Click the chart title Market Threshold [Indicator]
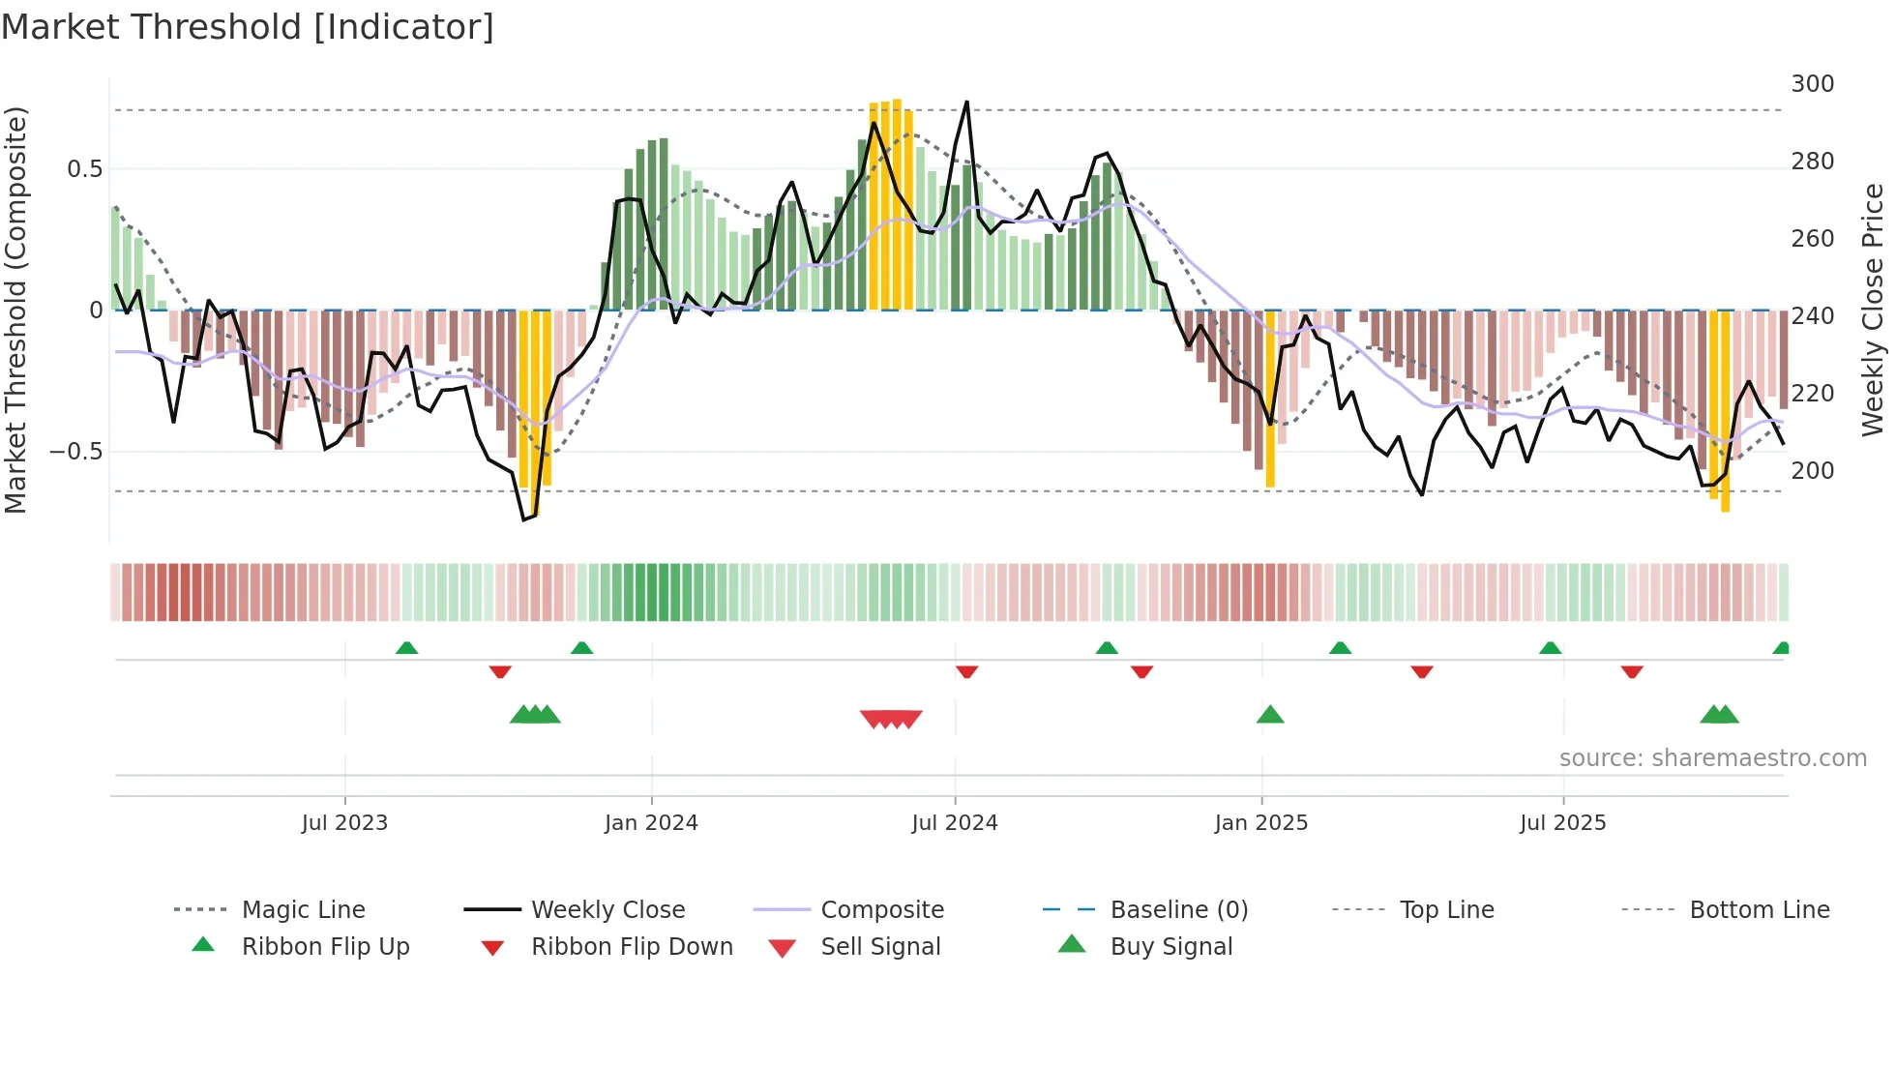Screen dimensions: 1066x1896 248,27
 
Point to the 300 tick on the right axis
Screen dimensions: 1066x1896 1812,84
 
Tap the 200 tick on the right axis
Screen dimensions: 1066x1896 1812,471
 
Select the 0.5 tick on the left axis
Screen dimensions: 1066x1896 85,169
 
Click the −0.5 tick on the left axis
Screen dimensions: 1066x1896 76,452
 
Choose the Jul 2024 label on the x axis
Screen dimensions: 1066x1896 954,823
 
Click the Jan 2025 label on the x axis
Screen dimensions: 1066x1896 1260,823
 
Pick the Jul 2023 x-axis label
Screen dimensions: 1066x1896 344,823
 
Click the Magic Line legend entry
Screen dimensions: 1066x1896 303,910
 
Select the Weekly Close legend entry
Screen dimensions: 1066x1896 607,910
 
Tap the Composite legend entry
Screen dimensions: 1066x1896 881,910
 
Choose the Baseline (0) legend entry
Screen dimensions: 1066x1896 1178,910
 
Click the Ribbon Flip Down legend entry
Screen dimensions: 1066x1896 632,947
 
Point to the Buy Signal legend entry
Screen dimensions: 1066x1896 1170,947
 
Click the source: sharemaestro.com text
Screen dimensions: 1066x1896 1712,758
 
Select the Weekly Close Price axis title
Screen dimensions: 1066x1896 1873,310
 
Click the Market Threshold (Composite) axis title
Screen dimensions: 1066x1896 16,310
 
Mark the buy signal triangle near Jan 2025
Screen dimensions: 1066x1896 1270,716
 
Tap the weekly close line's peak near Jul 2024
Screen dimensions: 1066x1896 965,103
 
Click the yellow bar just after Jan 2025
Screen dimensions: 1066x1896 1270,399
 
